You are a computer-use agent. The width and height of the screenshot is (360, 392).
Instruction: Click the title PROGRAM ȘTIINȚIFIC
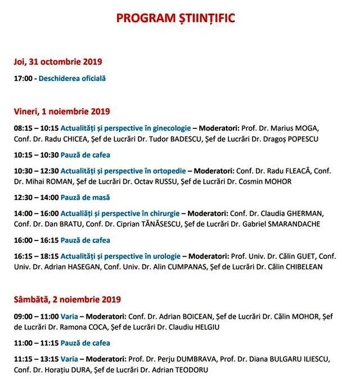tap(175, 18)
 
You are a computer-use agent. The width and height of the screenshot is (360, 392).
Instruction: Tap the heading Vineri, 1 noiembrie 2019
tap(62, 112)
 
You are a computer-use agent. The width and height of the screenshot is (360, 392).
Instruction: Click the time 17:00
tap(24, 79)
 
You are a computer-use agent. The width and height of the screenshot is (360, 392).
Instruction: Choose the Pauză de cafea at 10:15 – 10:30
tap(85, 155)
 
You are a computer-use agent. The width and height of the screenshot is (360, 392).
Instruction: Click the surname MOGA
tap(326, 128)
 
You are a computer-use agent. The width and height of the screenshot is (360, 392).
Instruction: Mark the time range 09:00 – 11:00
tap(36, 316)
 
